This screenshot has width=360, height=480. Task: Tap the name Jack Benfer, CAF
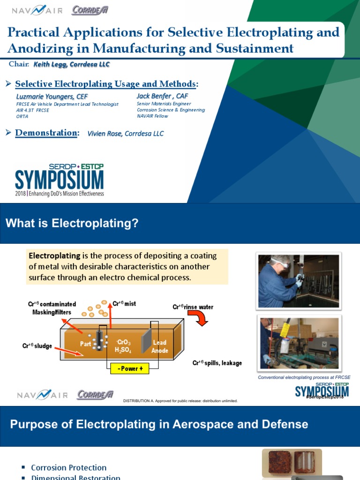tap(162, 96)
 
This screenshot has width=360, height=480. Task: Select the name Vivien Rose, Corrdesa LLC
tap(126, 134)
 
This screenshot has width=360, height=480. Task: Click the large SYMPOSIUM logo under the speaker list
tap(60, 180)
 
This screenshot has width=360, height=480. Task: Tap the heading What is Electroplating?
tap(72, 224)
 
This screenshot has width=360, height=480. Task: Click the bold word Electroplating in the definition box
tap(54, 256)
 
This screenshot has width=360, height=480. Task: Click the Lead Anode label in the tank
tap(160, 346)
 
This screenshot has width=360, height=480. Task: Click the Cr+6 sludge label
tap(37, 346)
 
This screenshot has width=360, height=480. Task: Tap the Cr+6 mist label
tap(124, 304)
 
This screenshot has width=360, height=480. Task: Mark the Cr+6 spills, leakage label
tap(217, 363)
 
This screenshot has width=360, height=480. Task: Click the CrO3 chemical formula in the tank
tap(123, 343)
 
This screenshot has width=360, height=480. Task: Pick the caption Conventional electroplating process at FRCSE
tap(304, 377)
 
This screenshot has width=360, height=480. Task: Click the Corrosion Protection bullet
tap(68, 467)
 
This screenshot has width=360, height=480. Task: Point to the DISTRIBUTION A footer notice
tap(180, 401)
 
